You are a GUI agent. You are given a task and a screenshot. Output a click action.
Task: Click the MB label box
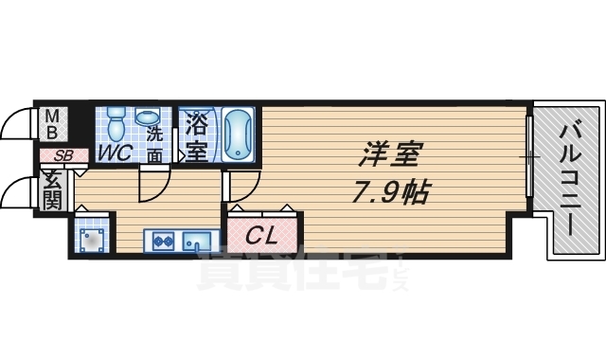[x=53, y=125]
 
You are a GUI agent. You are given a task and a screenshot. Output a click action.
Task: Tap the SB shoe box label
[x=62, y=155]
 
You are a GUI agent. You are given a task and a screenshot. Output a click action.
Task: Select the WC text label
[x=114, y=153]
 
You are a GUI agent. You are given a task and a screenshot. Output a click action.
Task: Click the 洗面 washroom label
[x=154, y=143]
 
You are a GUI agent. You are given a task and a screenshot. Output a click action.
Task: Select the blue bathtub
[x=238, y=135]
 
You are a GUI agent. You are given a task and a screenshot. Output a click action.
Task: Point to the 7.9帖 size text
[x=391, y=192]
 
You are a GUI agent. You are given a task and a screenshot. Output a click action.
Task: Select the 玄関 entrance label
[x=53, y=189]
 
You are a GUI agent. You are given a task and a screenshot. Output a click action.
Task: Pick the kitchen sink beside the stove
[x=198, y=241]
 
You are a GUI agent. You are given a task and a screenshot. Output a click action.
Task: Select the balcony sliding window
[x=530, y=156]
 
